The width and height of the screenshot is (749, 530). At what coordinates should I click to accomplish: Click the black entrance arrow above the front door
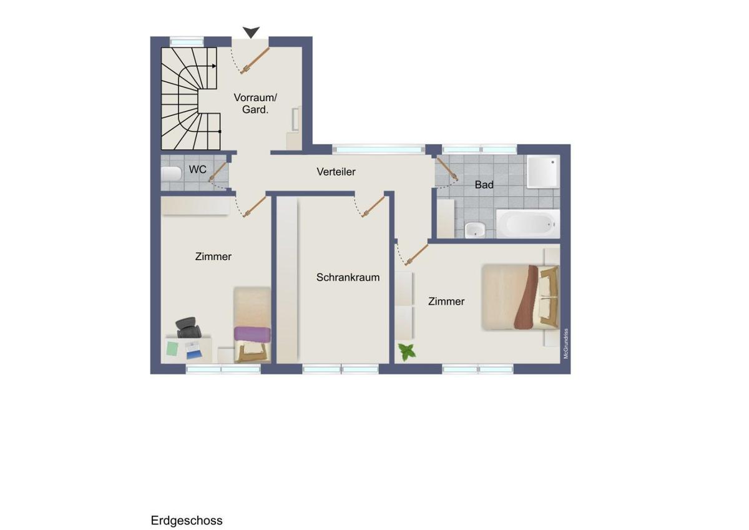pyautogui.click(x=251, y=32)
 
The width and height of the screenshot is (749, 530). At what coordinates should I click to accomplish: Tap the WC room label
pyautogui.click(x=198, y=170)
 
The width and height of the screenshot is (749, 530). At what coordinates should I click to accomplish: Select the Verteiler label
pyautogui.click(x=336, y=172)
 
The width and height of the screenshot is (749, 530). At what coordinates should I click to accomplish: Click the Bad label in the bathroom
pyautogui.click(x=484, y=185)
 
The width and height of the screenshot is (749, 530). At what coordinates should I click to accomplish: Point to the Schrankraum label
pyautogui.click(x=348, y=277)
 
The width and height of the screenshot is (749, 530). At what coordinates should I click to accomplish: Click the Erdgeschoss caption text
pyautogui.click(x=187, y=521)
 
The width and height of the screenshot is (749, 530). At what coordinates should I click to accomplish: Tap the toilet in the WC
pyautogui.click(x=171, y=174)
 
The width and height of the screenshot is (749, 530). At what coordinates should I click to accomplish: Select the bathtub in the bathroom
pyautogui.click(x=528, y=223)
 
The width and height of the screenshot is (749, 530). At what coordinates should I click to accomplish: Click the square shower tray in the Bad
pyautogui.click(x=543, y=171)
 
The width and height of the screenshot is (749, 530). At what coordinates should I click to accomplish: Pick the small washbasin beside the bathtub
pyautogui.click(x=475, y=230)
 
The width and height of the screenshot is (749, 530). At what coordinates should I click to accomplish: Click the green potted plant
pyautogui.click(x=407, y=352)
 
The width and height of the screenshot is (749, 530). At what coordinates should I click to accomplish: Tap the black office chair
pyautogui.click(x=188, y=328)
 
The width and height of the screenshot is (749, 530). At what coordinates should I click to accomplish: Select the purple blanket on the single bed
pyautogui.click(x=252, y=335)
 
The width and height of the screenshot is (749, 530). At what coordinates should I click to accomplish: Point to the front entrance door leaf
pyautogui.click(x=255, y=60)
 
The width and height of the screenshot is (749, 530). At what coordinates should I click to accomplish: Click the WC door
pyautogui.click(x=218, y=172)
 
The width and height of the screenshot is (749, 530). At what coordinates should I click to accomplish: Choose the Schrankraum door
pyautogui.click(x=373, y=207)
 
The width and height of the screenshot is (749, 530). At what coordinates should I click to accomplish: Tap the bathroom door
pyautogui.click(x=447, y=169)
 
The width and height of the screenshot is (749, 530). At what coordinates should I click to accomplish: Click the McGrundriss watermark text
pyautogui.click(x=565, y=344)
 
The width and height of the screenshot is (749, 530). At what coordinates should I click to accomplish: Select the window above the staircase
pyautogui.click(x=187, y=42)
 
